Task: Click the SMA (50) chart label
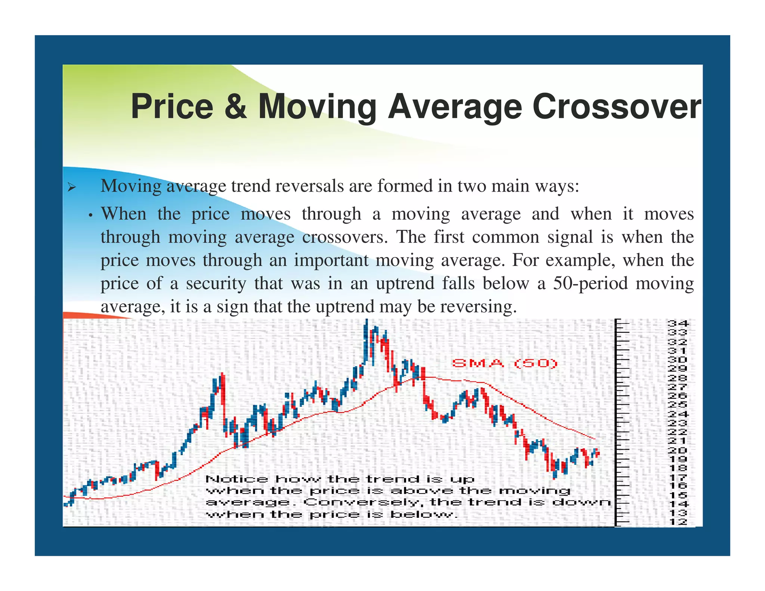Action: pyautogui.click(x=505, y=363)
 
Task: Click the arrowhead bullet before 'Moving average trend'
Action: pyautogui.click(x=72, y=187)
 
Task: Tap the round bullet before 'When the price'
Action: pyautogui.click(x=90, y=216)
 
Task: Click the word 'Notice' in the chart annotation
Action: pyautogui.click(x=237, y=479)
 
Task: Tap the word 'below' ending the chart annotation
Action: pyautogui.click(x=424, y=514)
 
